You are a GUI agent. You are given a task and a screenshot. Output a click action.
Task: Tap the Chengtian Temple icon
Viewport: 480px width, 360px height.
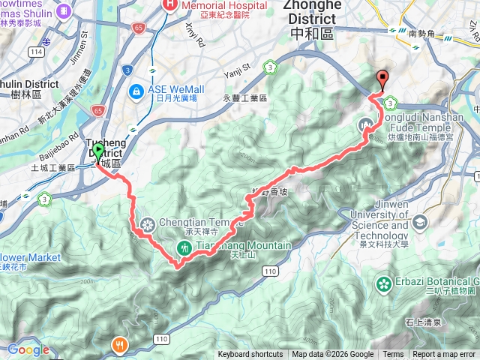[146, 223]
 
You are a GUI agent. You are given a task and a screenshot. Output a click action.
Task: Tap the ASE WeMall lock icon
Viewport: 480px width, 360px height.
[136, 92]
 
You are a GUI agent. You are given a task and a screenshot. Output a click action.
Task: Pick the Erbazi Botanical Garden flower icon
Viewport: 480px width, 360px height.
[384, 284]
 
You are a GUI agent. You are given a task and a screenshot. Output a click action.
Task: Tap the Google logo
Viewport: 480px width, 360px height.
[28, 350]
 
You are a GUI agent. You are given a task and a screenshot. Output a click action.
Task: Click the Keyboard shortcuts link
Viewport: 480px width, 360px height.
[250, 355]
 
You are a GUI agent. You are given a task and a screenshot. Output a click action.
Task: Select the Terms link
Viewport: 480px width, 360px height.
[393, 355]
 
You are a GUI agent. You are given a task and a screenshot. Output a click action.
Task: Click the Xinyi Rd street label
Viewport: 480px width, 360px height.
[193, 34]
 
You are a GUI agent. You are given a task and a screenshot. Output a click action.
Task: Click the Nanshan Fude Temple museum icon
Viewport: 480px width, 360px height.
[366, 124]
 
